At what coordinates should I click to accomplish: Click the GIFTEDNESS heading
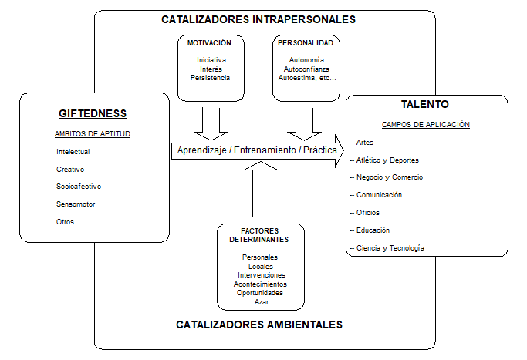click(93, 113)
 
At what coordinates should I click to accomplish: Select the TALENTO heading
click(425, 104)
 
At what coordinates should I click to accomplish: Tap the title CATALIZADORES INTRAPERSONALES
click(258, 19)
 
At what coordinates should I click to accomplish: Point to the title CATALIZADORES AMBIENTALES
click(259, 325)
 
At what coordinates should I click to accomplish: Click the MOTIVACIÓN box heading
click(209, 43)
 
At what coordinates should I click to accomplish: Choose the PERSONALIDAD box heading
click(306, 43)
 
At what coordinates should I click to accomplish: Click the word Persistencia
click(210, 78)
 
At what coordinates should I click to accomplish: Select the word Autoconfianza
click(306, 69)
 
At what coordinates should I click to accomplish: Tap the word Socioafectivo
click(79, 187)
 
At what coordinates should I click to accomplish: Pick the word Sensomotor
click(76, 204)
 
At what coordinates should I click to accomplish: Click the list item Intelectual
click(73, 152)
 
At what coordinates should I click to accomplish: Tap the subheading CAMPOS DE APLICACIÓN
click(425, 125)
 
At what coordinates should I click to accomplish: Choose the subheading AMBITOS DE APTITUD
click(93, 134)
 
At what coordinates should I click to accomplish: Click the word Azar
click(262, 302)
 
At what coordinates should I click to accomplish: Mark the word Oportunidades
click(260, 293)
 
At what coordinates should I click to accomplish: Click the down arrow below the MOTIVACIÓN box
click(211, 124)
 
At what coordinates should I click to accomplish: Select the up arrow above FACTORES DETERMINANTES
click(261, 189)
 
